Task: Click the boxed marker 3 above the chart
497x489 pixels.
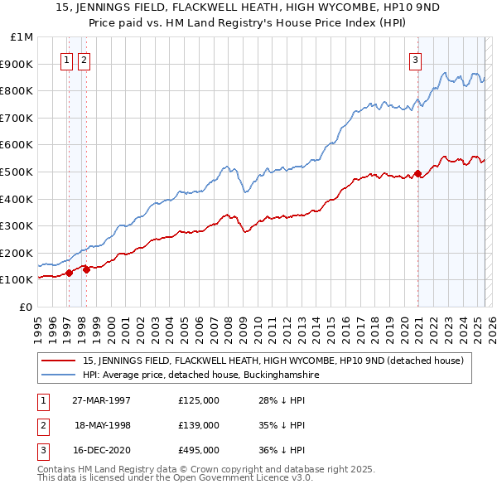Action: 415,59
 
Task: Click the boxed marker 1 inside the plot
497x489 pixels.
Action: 65,59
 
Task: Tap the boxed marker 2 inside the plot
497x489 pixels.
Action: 84,59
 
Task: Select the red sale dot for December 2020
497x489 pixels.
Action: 417,174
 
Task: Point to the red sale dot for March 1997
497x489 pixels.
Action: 69,273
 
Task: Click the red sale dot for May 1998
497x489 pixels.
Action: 86,269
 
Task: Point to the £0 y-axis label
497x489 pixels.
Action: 27,307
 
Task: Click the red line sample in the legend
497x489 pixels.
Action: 58,361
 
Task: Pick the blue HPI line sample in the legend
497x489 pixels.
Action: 58,375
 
